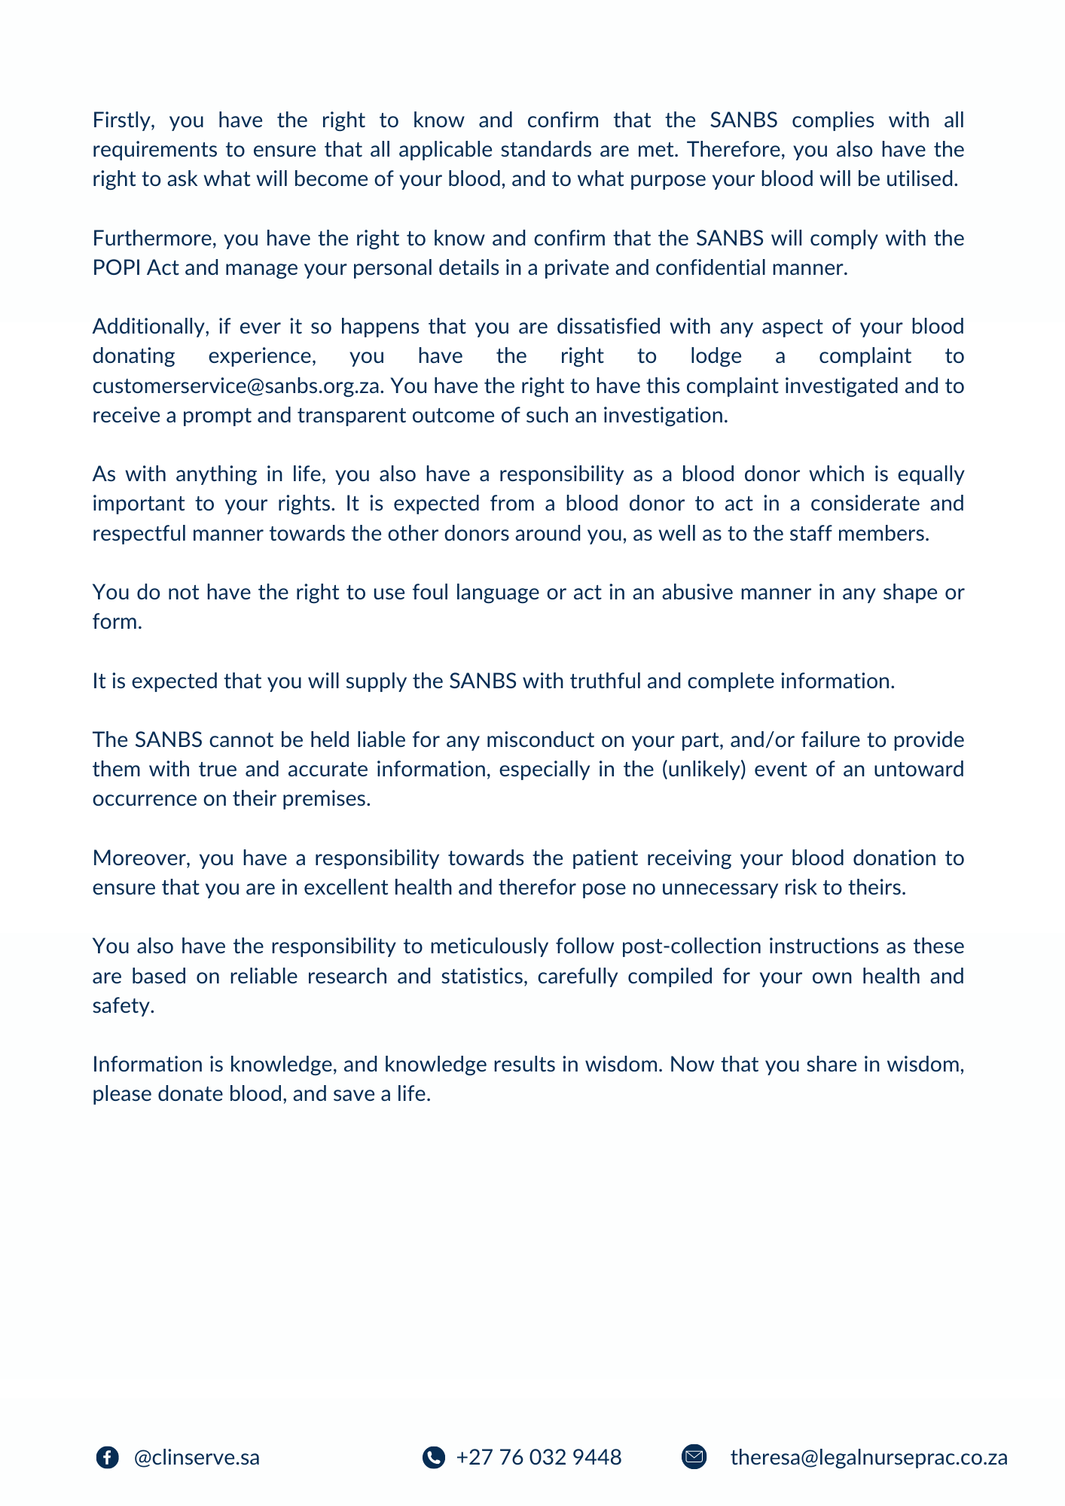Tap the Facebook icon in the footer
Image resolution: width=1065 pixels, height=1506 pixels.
click(108, 1458)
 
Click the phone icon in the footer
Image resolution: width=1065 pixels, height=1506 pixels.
click(433, 1458)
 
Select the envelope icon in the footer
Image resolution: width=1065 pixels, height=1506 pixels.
click(694, 1458)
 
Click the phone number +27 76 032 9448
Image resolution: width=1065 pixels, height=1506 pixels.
click(539, 1458)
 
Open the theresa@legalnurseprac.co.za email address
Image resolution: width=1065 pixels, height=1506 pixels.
click(868, 1458)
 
